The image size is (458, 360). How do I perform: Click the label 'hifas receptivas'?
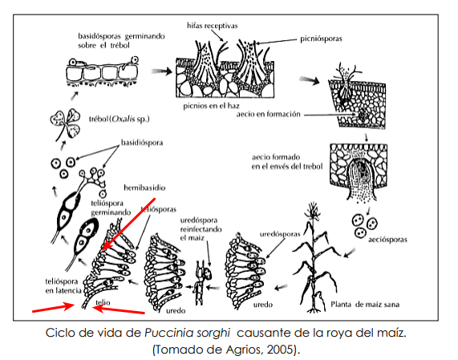point(213,26)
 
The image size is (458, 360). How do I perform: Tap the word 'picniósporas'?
point(321,38)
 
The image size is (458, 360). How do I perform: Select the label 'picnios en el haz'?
point(211,105)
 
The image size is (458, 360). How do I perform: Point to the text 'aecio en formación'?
point(269,114)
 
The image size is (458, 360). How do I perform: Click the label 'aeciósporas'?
point(387,240)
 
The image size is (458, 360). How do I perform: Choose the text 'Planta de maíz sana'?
point(365,304)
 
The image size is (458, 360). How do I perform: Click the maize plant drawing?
point(315,257)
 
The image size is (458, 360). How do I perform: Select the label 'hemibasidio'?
point(144,188)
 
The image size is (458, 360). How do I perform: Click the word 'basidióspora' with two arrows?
point(142,143)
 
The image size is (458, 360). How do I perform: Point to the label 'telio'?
point(103,302)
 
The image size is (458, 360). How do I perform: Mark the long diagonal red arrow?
point(128,224)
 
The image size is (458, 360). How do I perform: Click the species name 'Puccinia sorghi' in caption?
point(187,333)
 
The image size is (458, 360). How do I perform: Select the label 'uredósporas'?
point(280,234)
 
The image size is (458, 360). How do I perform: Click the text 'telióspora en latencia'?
point(63,286)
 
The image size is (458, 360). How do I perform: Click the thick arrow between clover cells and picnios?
point(162,71)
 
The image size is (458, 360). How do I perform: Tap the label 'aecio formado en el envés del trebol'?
point(287,162)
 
